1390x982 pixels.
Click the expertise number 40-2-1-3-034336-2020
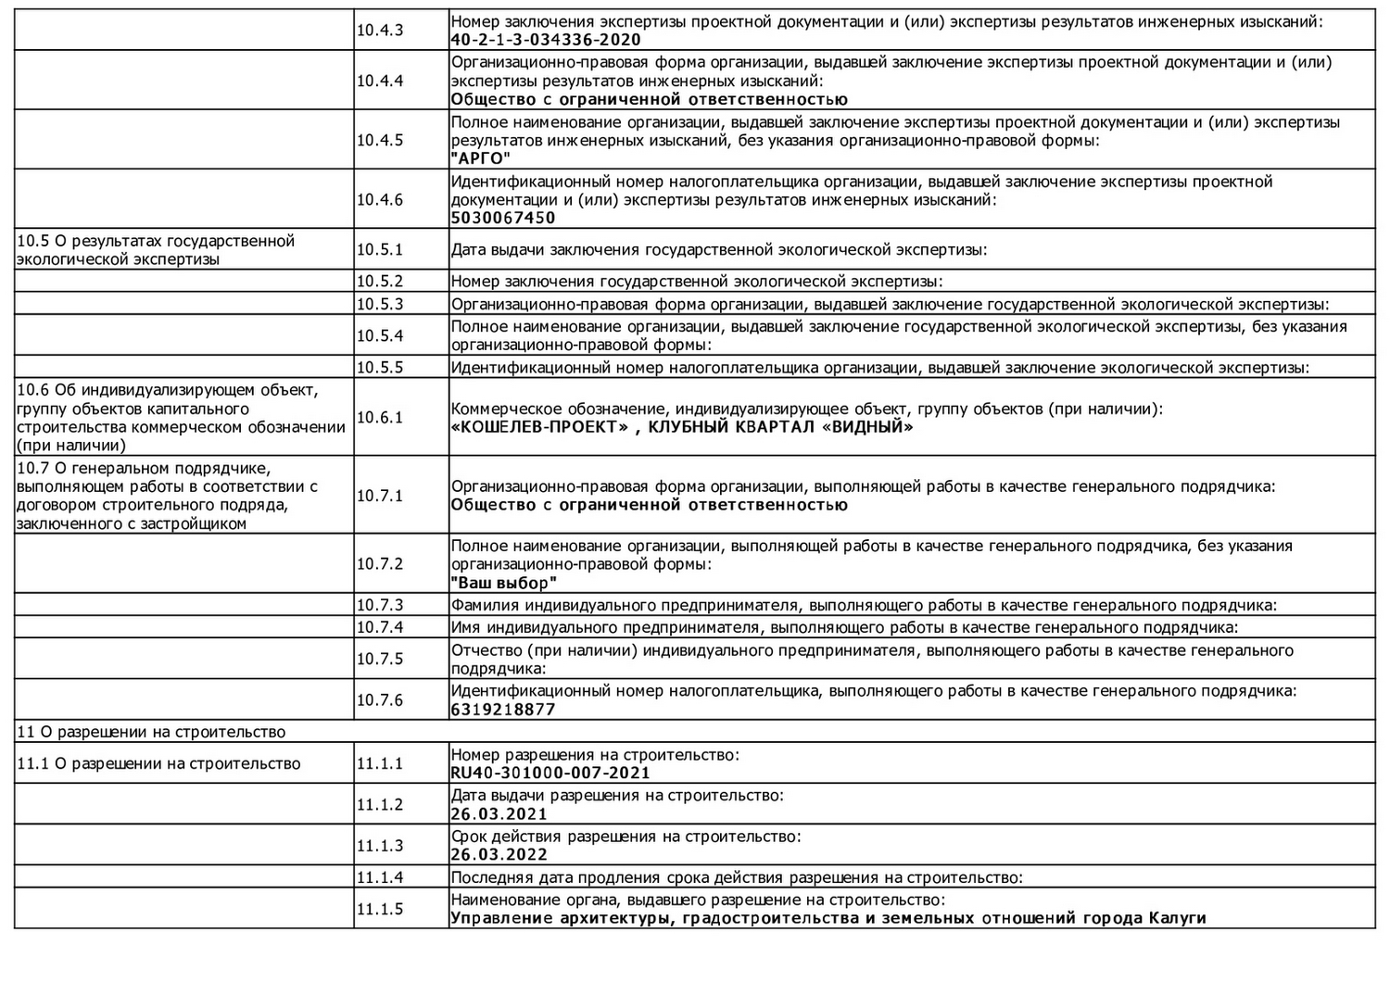point(546,40)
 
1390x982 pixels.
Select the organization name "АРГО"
point(481,158)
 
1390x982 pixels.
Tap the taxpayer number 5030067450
point(503,218)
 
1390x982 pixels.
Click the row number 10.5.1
point(380,249)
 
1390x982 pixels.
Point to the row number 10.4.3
point(380,30)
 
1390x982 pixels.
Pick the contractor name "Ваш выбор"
point(504,583)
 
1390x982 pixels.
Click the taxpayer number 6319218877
point(503,710)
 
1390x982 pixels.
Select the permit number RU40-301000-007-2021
point(550,773)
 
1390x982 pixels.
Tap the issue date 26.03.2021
point(499,814)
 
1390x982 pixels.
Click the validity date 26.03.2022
point(499,855)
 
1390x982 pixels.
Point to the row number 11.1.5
point(380,909)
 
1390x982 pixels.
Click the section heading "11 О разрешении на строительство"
point(151,732)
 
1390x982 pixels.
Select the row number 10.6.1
point(380,417)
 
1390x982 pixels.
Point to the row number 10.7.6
point(380,699)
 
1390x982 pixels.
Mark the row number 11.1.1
point(380,763)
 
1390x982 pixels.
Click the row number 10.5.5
point(380,367)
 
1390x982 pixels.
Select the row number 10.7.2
point(380,563)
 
